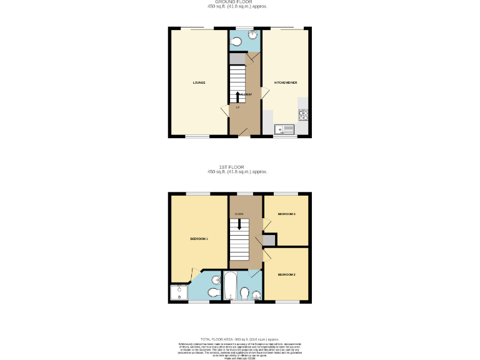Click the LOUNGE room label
(199, 82)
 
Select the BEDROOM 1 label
(199, 239)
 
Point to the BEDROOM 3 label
(286, 214)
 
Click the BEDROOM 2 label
(286, 274)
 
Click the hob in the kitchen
(304, 114)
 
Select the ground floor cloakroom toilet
(236, 42)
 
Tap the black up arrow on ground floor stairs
(237, 96)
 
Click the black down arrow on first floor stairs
(238, 224)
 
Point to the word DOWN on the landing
(239, 214)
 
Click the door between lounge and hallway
(224, 111)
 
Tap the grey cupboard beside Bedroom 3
(269, 240)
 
